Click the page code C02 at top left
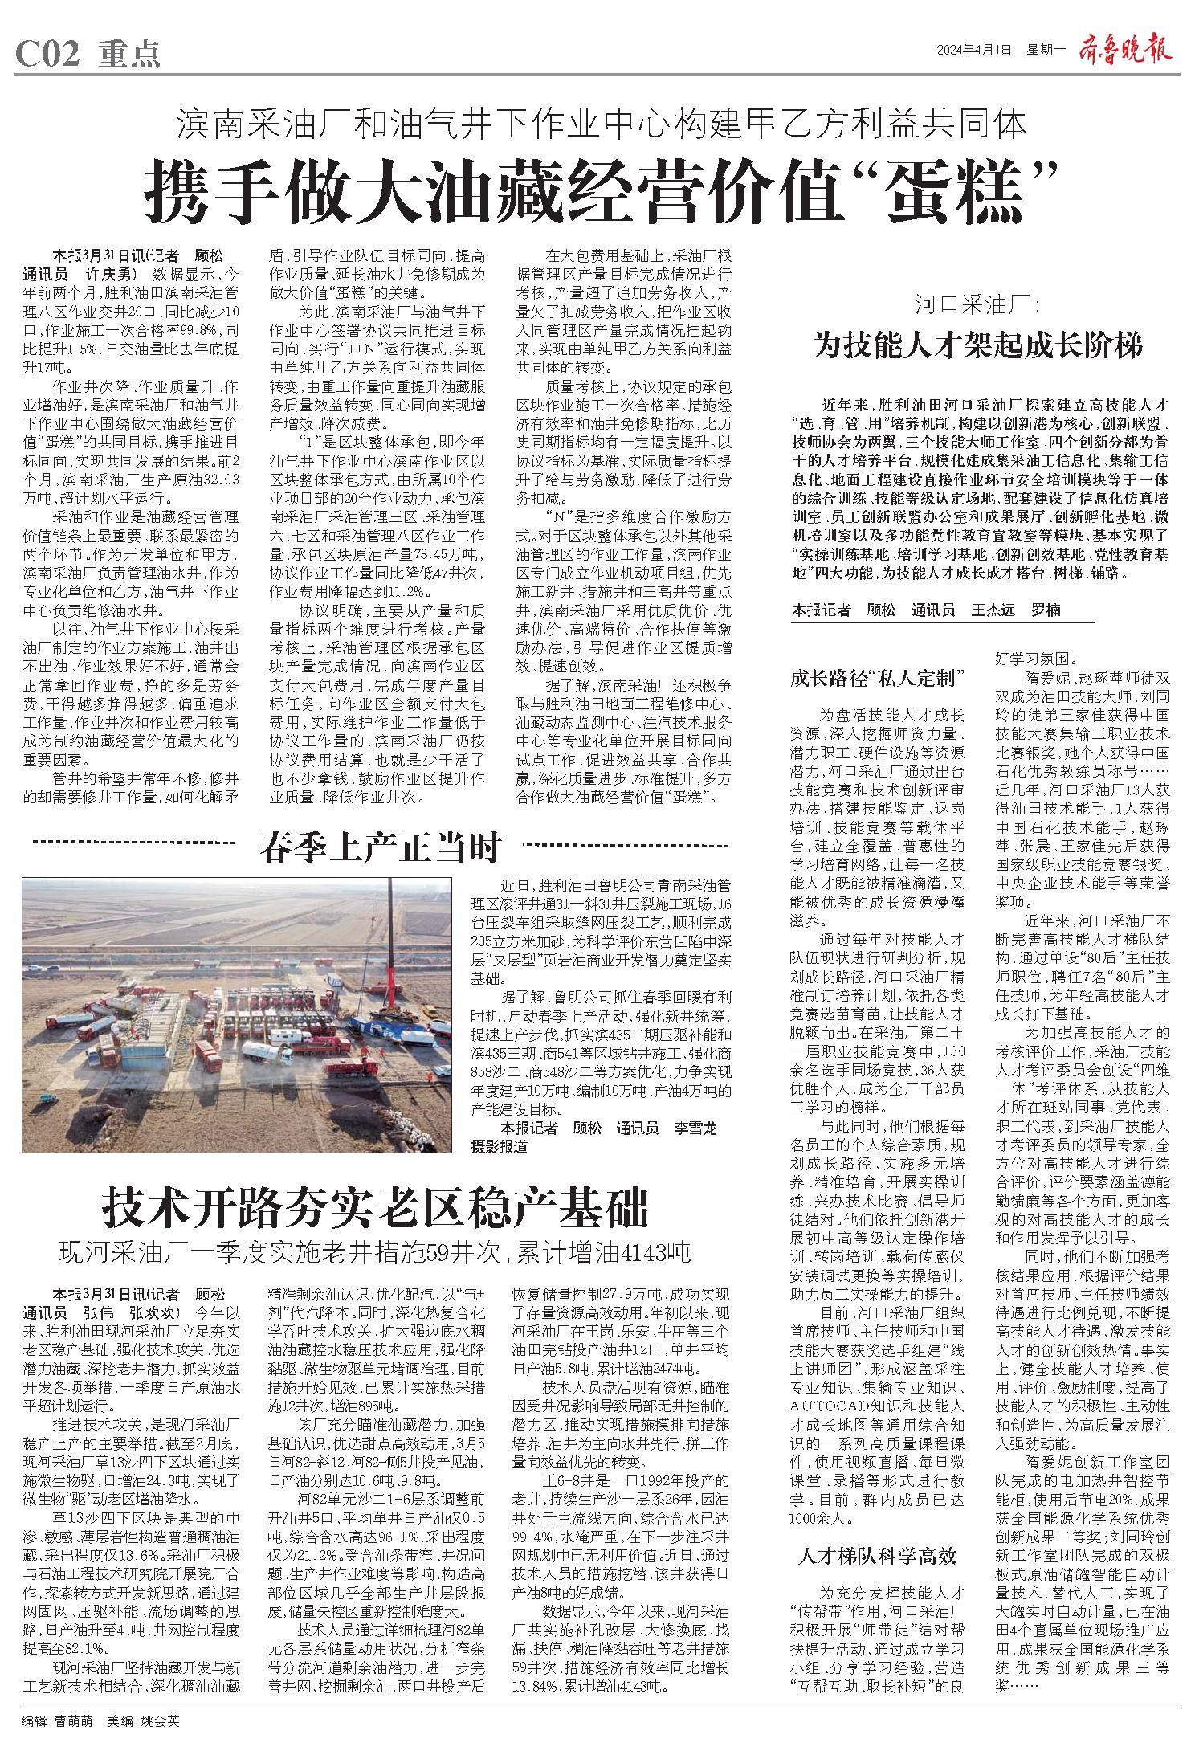47,54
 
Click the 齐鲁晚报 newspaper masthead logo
1128,50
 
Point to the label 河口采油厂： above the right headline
977,305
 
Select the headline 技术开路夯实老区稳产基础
373,1206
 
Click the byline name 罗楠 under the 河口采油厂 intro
1046,610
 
